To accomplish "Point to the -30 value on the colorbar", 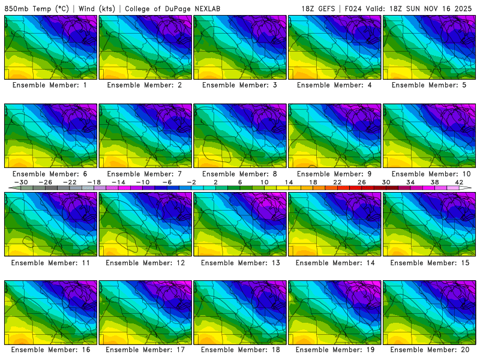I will point(21,181).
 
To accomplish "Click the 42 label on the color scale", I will point(459,181).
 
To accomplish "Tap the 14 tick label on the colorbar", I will point(289,181).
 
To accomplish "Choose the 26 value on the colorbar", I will point(362,181).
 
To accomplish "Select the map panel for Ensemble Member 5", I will point(430,47).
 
